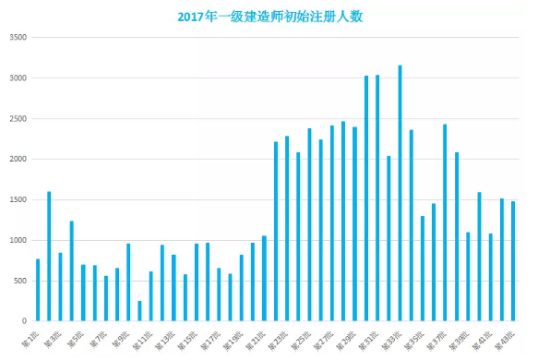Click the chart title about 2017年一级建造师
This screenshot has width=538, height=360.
269,16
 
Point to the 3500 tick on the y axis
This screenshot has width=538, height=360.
17,38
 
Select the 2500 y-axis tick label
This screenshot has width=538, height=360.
17,119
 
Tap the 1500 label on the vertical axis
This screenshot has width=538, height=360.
17,200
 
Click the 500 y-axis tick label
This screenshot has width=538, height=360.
18,282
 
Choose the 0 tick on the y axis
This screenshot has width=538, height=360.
24,322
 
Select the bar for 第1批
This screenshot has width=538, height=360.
38,291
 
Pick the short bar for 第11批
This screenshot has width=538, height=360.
139,312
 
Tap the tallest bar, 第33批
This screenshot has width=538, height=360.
400,194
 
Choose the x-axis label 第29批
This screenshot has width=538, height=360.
346,337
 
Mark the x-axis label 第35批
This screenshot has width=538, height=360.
414,337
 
